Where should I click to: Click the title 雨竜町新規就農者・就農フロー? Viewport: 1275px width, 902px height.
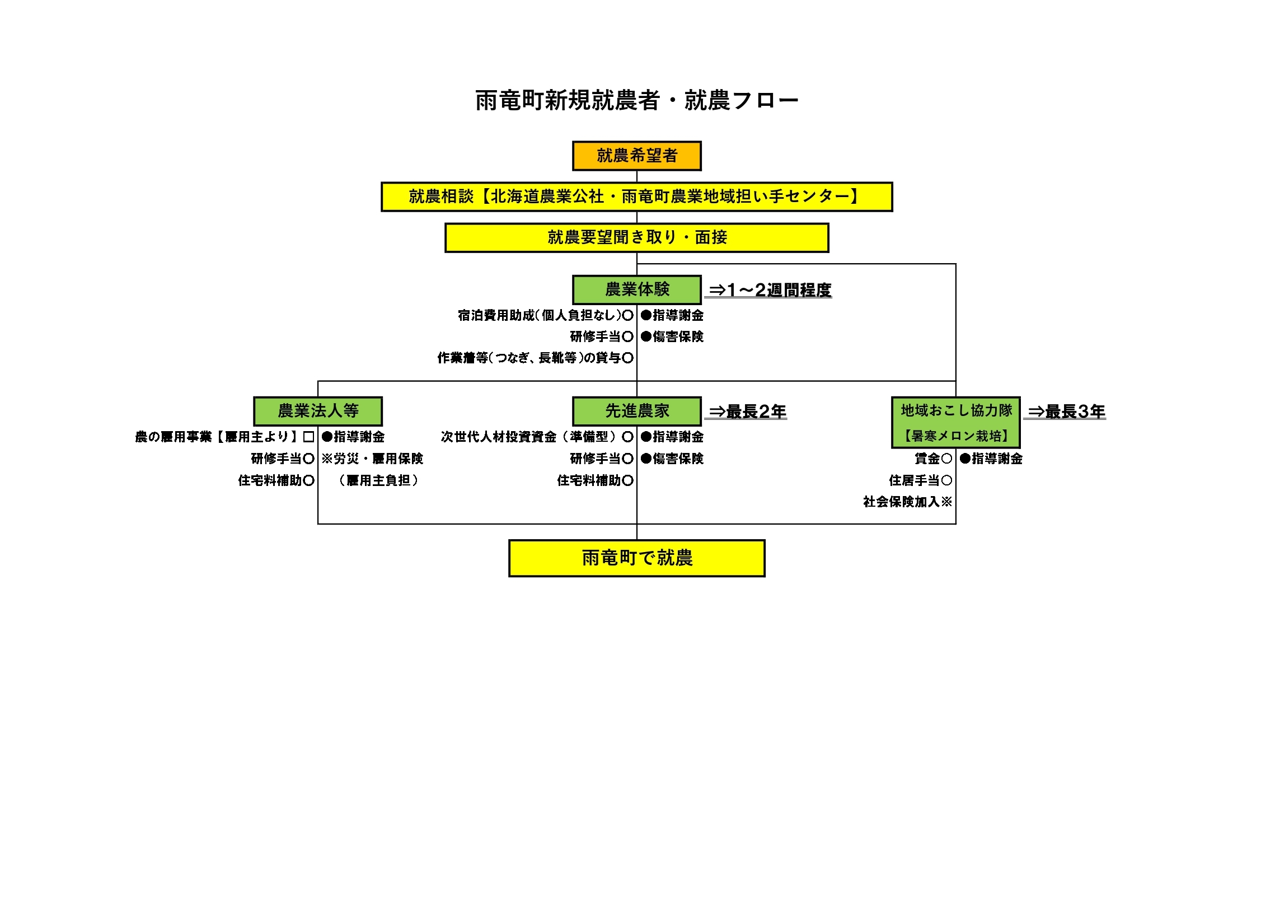tap(636, 101)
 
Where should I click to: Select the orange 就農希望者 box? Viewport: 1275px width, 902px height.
tap(636, 156)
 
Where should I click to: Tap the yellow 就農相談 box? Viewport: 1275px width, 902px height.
tap(636, 197)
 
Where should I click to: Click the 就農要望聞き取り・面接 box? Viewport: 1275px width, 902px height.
tap(636, 237)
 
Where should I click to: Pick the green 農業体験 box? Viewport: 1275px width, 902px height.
tap(636, 289)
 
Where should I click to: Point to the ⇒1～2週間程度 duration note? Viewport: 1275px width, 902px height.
tap(770, 290)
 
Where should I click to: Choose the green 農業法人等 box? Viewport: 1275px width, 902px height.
tap(318, 411)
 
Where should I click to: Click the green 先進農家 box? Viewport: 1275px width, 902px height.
tap(636, 411)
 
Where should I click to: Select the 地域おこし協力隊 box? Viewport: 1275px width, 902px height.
tap(955, 422)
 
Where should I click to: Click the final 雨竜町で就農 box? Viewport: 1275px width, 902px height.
tap(636, 558)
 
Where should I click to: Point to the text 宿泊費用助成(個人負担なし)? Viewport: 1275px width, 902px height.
tap(540, 315)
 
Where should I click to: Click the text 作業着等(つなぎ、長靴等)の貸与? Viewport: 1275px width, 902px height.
tap(529, 358)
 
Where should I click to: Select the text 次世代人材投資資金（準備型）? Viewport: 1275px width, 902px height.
tap(531, 437)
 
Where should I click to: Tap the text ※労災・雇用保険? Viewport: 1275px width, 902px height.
tap(372, 459)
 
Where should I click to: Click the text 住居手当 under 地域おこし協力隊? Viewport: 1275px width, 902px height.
tap(913, 480)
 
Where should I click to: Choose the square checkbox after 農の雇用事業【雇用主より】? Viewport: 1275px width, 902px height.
tap(308, 437)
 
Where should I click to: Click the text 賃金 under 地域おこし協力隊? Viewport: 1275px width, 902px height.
tap(927, 459)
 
